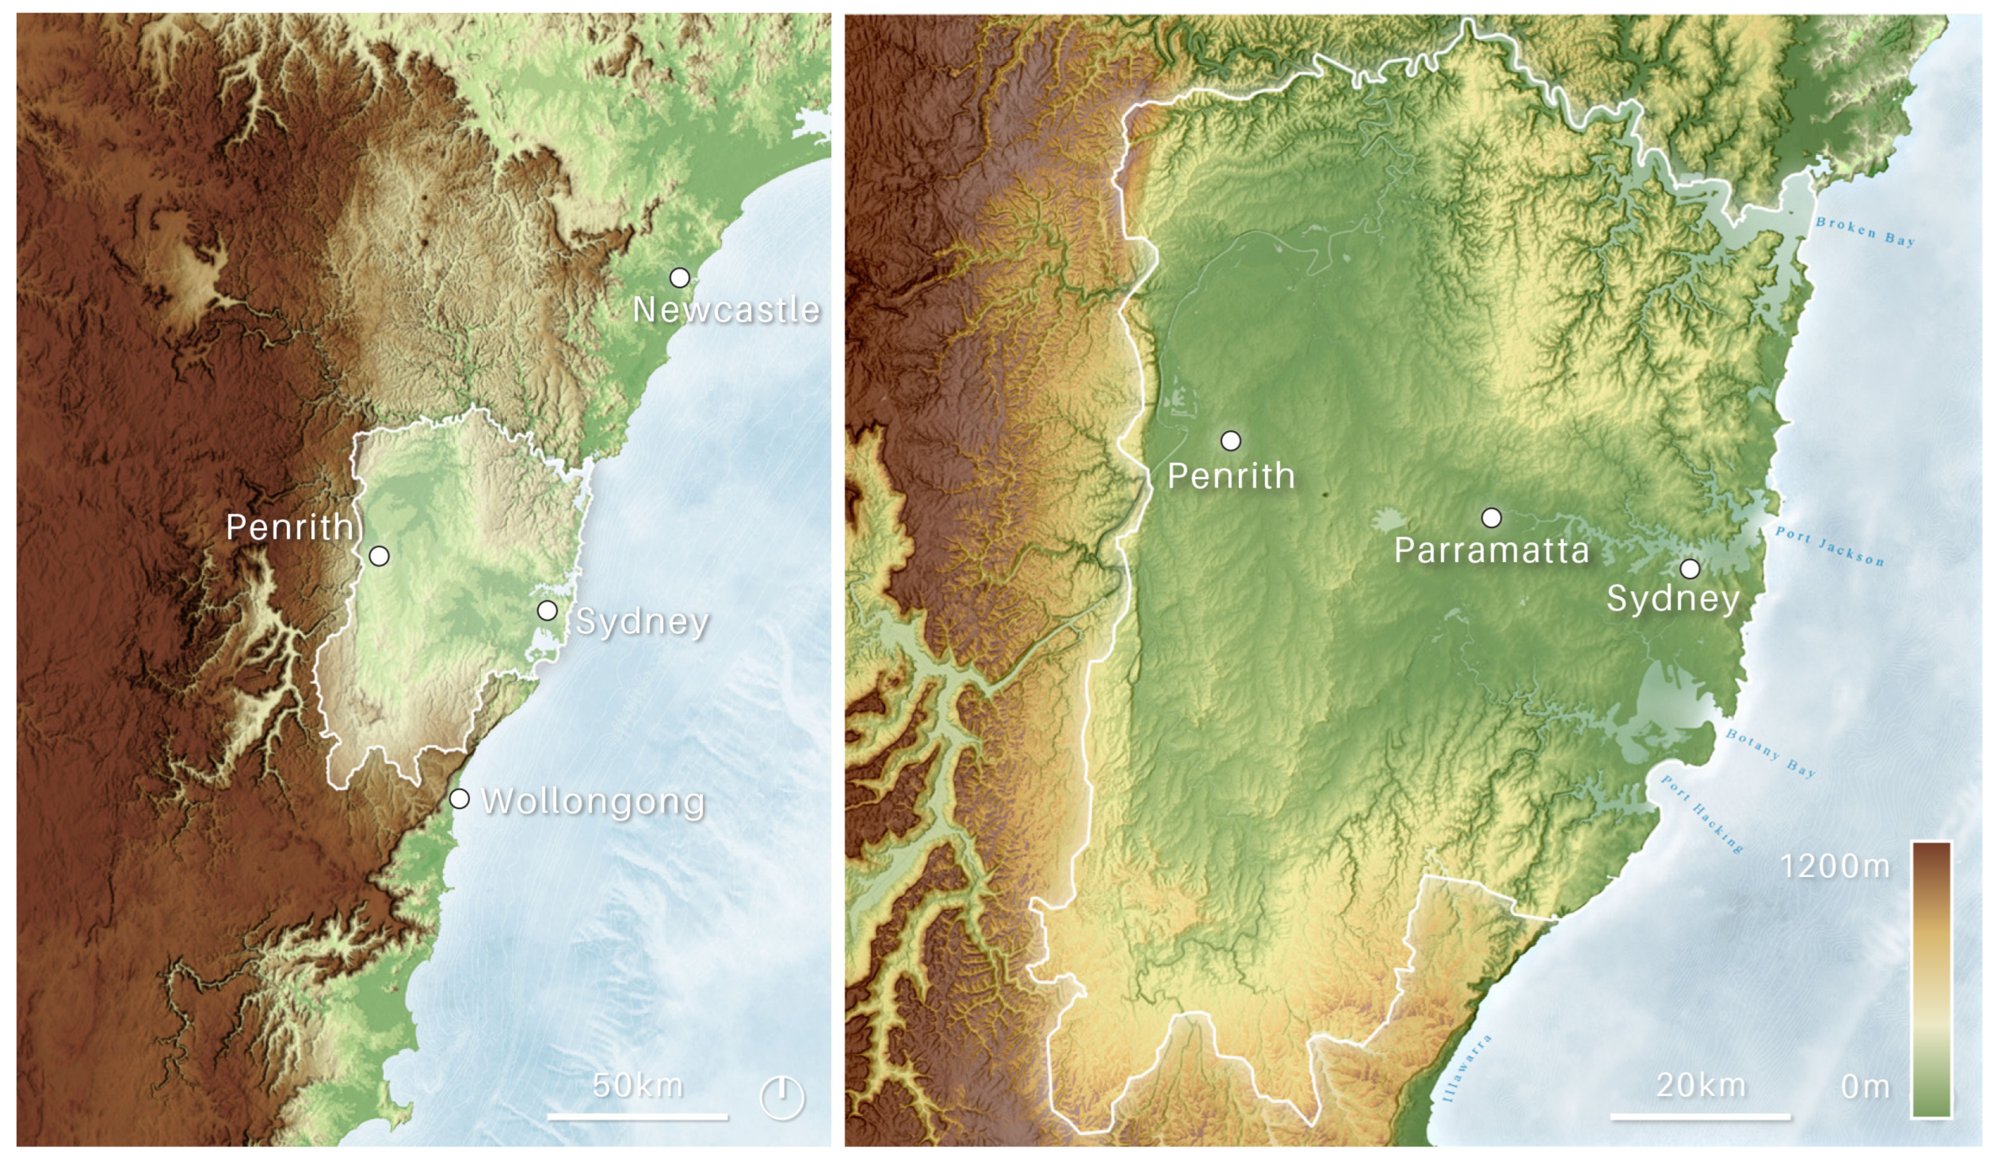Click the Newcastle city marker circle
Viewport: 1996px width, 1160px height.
click(680, 277)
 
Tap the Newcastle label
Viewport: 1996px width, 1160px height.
click(726, 310)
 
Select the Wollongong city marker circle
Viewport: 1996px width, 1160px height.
click(459, 798)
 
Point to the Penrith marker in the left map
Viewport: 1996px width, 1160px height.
click(379, 556)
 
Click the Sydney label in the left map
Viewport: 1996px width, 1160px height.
click(642, 622)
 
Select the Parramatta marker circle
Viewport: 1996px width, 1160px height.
click(1491, 518)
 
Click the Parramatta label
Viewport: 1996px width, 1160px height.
click(1491, 550)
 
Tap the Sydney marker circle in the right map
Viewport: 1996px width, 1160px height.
click(1690, 568)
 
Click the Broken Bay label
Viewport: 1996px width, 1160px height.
click(1865, 231)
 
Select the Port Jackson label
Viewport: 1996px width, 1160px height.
click(1830, 547)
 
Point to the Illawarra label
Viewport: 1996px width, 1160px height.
click(1467, 1068)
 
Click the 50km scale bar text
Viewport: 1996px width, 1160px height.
click(637, 1085)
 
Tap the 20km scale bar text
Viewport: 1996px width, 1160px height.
click(1700, 1085)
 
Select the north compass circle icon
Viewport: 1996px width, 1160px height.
click(782, 1097)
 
